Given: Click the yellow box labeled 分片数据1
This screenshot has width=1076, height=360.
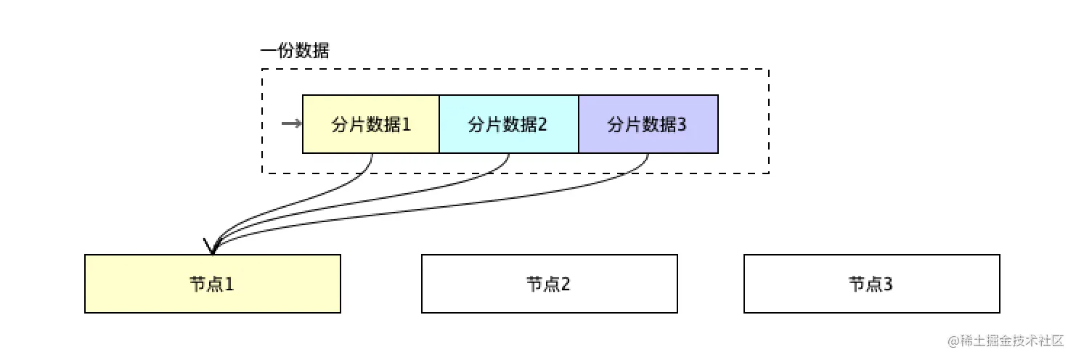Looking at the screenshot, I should coord(371,124).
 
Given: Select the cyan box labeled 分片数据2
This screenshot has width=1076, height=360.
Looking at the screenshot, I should coord(509,124).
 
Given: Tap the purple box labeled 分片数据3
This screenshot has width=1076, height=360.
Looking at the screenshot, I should coord(648,124).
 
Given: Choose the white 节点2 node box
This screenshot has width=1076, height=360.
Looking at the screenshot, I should coord(549,284).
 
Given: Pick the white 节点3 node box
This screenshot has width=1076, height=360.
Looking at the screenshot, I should coord(871,284).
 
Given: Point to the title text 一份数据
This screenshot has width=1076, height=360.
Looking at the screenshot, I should coord(295,52).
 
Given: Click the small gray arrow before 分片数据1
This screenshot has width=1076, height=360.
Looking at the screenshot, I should coord(291,124).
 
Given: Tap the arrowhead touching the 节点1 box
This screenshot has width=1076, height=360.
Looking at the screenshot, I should coord(212,247).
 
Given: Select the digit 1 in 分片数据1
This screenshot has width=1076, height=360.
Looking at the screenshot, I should coord(407,125).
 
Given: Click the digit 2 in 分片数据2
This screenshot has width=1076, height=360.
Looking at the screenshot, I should coord(543,125).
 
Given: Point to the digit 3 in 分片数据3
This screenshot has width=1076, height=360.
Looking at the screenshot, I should coord(682,125).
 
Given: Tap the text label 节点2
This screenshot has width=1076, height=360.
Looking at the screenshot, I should coord(549,284).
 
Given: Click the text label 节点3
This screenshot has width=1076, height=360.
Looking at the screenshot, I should coord(871,284).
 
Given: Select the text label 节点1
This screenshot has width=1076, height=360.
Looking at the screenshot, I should coord(212,284).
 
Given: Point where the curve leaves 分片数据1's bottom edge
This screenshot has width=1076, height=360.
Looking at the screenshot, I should coord(372,154).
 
